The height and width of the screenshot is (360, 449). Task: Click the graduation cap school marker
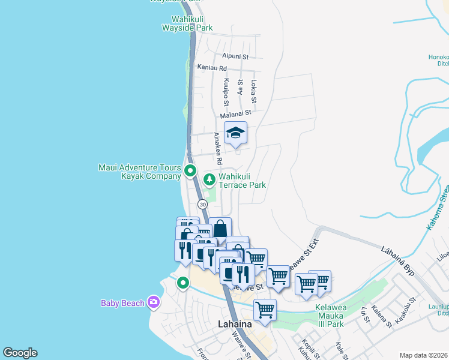[235, 133]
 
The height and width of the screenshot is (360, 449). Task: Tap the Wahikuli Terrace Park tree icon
[209, 178]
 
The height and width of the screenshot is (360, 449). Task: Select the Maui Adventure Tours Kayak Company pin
[190, 170]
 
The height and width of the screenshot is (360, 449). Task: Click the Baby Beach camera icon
[154, 302]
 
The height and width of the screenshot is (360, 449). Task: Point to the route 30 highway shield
[203, 205]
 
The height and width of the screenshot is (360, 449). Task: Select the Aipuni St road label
[236, 55]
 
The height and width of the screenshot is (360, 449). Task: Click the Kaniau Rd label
[212, 68]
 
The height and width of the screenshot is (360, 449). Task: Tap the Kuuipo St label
[226, 90]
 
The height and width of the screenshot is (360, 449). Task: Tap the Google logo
[20, 353]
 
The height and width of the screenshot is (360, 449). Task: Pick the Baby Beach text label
[122, 303]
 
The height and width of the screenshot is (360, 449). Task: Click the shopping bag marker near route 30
[220, 229]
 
